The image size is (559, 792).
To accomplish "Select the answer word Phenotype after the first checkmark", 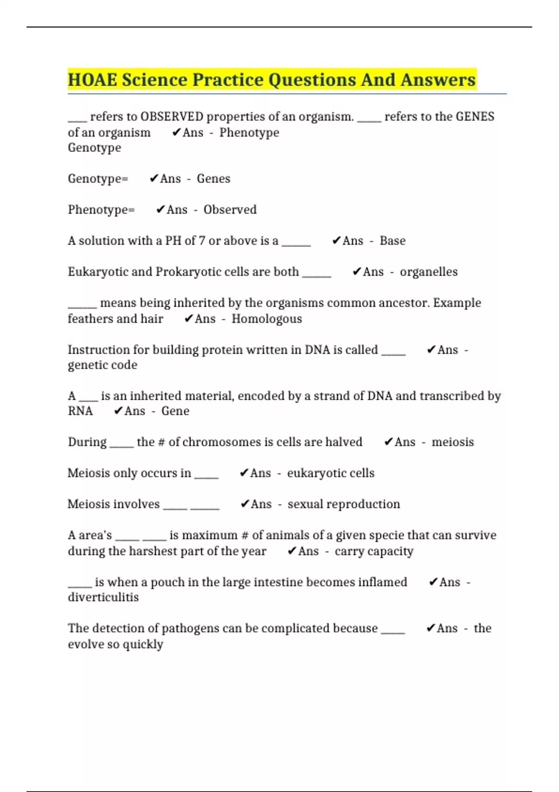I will pyautogui.click(x=249, y=133).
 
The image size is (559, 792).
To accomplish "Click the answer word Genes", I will pyautogui.click(x=213, y=179).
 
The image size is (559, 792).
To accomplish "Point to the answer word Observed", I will pyautogui.click(x=230, y=210).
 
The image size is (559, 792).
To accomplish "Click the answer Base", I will pyautogui.click(x=392, y=241).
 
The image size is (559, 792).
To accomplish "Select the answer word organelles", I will pyautogui.click(x=429, y=272).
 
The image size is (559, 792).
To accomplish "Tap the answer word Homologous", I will pyautogui.click(x=266, y=319).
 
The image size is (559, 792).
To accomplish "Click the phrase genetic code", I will pyautogui.click(x=102, y=365).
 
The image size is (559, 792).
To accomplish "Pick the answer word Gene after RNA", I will pyautogui.click(x=175, y=411).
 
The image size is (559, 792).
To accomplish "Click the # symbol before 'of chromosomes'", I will pyautogui.click(x=162, y=442).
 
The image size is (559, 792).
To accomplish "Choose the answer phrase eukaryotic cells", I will pyautogui.click(x=330, y=473).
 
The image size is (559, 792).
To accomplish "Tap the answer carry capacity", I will pyautogui.click(x=374, y=552).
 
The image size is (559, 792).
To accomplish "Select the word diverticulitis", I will pyautogui.click(x=103, y=598).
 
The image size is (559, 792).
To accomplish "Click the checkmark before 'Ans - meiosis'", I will pyautogui.click(x=389, y=442).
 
